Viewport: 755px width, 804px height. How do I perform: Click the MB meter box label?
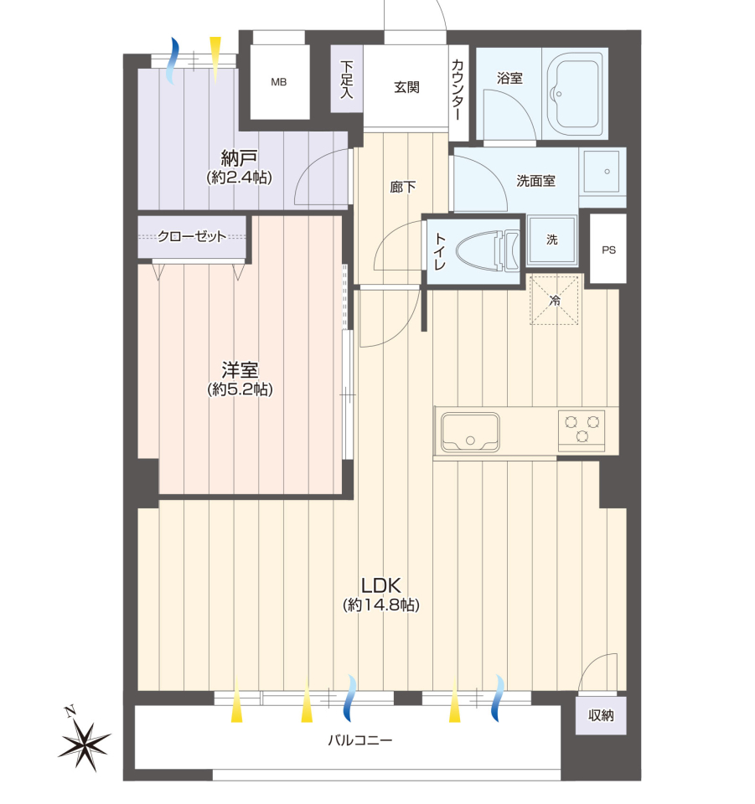pyautogui.click(x=278, y=82)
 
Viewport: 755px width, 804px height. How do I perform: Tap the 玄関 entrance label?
pyautogui.click(x=406, y=87)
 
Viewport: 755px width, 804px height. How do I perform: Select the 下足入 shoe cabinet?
pyautogui.click(x=347, y=79)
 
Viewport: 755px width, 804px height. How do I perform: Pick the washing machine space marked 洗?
pyautogui.click(x=552, y=240)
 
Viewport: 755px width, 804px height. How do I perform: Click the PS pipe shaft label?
pyautogui.click(x=609, y=250)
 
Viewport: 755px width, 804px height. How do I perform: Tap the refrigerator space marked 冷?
pyautogui.click(x=555, y=300)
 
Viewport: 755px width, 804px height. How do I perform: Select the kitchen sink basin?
pyautogui.click(x=470, y=432)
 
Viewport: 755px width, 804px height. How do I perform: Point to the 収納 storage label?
pyautogui.click(x=601, y=715)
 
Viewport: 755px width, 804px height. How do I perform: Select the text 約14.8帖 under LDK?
pyautogui.click(x=381, y=605)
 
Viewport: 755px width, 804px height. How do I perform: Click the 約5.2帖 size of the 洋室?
pyautogui.click(x=240, y=389)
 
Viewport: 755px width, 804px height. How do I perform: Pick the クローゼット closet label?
pyautogui.click(x=192, y=236)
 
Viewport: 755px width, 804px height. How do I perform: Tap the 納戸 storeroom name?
pyautogui.click(x=239, y=157)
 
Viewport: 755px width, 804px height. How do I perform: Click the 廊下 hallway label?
pyautogui.click(x=402, y=187)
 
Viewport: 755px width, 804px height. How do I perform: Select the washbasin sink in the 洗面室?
pyautogui.click(x=602, y=171)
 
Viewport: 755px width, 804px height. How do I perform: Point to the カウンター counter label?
pyautogui.click(x=458, y=90)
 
